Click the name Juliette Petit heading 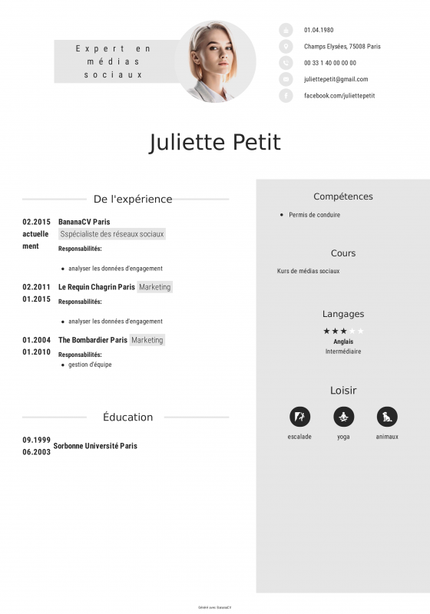click(215, 143)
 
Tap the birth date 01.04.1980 click(319, 30)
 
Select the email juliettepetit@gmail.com click(336, 79)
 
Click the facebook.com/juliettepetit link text click(339, 95)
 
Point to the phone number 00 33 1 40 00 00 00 click(330, 63)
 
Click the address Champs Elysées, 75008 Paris click(342, 46)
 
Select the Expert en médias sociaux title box click(114, 61)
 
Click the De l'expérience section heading click(133, 199)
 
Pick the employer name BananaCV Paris click(84, 222)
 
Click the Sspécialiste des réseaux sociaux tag click(112, 234)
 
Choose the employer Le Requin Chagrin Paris click(96, 287)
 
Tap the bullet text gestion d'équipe click(90, 365)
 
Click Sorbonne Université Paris click(95, 445)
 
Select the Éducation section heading click(127, 418)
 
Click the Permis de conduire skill click(314, 215)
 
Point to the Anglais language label click(343, 342)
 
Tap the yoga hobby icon click(343, 417)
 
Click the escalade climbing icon click(299, 417)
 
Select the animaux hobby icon click(387, 417)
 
